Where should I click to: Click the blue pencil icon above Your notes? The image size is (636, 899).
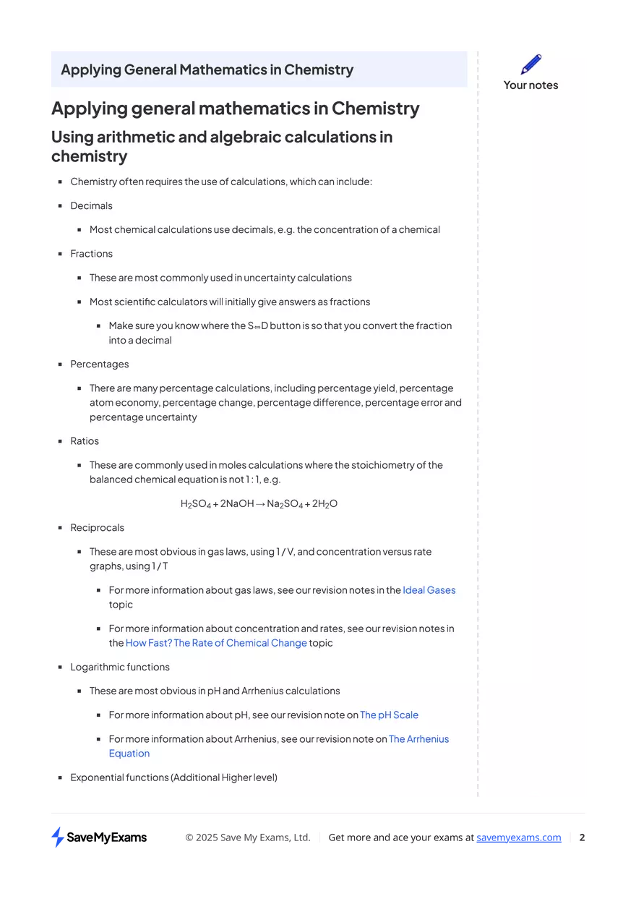pyautogui.click(x=531, y=64)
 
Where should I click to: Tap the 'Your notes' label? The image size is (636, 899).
pyautogui.click(x=530, y=85)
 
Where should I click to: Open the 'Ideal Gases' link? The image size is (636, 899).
pyautogui.click(x=429, y=590)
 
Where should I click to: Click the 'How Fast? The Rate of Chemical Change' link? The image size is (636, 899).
pyautogui.click(x=216, y=643)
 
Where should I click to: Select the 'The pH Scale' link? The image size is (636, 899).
pyautogui.click(x=389, y=715)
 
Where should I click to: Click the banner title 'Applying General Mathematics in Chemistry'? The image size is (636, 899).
pyautogui.click(x=207, y=70)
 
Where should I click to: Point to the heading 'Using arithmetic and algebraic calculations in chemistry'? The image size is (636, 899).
pyautogui.click(x=221, y=146)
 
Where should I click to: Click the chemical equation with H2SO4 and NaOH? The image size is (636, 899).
pyautogui.click(x=259, y=503)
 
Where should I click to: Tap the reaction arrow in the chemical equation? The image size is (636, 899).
pyautogui.click(x=260, y=503)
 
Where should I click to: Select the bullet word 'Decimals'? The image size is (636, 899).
pyautogui.click(x=91, y=206)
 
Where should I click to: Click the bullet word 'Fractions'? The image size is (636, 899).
pyautogui.click(x=91, y=254)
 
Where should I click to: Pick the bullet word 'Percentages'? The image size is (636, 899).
pyautogui.click(x=100, y=364)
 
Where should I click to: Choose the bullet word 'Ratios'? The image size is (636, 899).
pyautogui.click(x=85, y=441)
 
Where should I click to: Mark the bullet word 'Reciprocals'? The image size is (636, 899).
pyautogui.click(x=97, y=528)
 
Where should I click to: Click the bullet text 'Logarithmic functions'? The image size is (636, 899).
pyautogui.click(x=120, y=667)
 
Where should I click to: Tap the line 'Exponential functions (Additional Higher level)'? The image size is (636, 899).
pyautogui.click(x=173, y=777)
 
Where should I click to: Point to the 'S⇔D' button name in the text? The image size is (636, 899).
pyautogui.click(x=258, y=326)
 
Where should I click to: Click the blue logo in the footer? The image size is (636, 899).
pyautogui.click(x=56, y=837)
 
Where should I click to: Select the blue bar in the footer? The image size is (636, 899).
pyautogui.click(x=519, y=838)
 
